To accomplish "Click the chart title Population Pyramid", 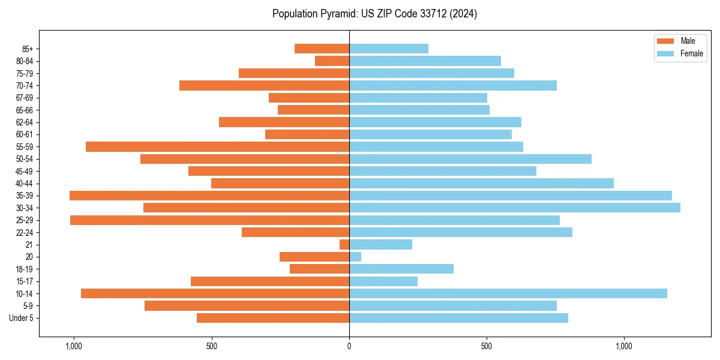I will (374, 14).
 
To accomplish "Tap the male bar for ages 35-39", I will (209, 196).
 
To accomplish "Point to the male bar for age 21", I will (344, 244).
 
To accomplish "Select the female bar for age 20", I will (355, 257).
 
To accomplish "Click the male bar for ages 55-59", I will (217, 146).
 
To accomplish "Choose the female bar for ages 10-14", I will (508, 293).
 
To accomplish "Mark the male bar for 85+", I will (322, 49).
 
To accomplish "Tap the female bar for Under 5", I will (458, 318).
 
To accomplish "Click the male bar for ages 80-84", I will (332, 61).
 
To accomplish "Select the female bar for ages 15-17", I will (383, 281).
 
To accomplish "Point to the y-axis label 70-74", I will (25, 85).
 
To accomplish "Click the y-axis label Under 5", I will (21, 318).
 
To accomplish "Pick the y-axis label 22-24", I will (25, 232).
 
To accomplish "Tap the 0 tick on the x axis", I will (349, 346).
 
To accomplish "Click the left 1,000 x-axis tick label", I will (74, 346).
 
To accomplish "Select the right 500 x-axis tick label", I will (487, 346).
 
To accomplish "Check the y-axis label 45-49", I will (25, 171).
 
